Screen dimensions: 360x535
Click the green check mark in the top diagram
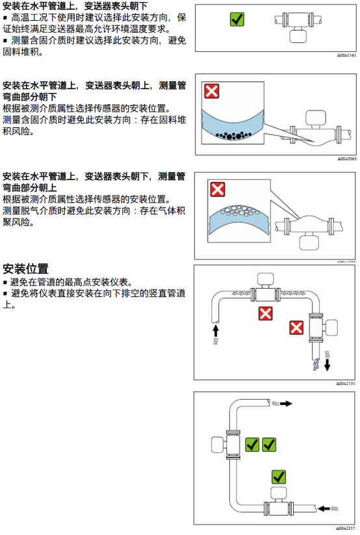point(237,20)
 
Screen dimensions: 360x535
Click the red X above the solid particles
point(212,91)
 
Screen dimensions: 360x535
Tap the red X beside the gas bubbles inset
point(218,189)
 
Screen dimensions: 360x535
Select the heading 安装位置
point(25,269)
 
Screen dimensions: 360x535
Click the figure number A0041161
point(347,55)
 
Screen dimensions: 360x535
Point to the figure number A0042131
point(346,384)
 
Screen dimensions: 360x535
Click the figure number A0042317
point(346,528)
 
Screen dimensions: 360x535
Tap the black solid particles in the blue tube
point(234,135)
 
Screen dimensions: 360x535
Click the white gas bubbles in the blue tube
point(238,211)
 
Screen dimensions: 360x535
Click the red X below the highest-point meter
point(265,313)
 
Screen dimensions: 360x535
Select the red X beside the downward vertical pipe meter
point(296,328)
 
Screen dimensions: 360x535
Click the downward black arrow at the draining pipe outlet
point(328,365)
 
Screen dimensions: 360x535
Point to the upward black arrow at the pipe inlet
point(215,331)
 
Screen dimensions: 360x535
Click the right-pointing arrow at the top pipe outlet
point(286,404)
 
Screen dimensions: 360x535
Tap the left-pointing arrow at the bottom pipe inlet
point(324,509)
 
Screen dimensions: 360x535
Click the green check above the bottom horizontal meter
point(279,476)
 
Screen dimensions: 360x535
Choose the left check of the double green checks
point(252,445)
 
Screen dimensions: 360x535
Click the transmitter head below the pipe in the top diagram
point(298,36)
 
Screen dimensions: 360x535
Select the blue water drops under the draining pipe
point(316,365)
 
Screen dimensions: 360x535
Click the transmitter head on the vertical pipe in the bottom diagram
point(219,445)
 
